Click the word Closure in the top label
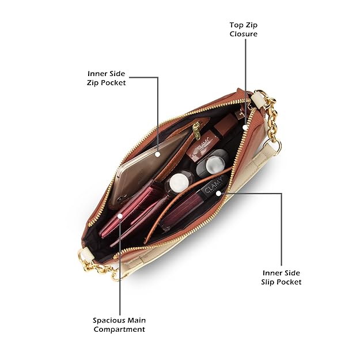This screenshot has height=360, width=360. [245, 34]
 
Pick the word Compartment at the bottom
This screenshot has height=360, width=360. [119, 329]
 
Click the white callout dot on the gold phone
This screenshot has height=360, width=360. [158, 153]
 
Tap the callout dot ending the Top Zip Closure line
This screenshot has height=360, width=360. [245, 126]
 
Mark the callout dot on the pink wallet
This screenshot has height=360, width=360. [120, 216]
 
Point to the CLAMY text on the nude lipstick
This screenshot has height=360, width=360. [202, 147]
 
